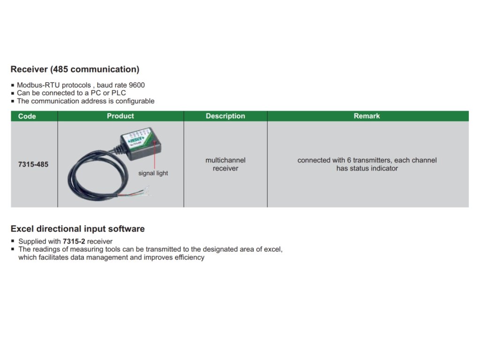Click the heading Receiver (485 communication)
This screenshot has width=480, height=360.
pos(75,69)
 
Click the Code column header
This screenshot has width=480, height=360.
pos(27,116)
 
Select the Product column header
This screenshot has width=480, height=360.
pos(120,116)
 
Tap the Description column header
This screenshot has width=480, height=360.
pos(225,116)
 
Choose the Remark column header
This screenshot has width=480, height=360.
pos(367,116)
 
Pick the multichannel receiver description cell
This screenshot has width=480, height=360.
pos(225,164)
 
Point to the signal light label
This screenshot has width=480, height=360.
pos(153,173)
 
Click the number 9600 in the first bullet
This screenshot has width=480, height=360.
pos(136,85)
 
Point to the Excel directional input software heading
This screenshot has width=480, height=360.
pos(78,229)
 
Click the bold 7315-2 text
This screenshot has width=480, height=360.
pos(74,241)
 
